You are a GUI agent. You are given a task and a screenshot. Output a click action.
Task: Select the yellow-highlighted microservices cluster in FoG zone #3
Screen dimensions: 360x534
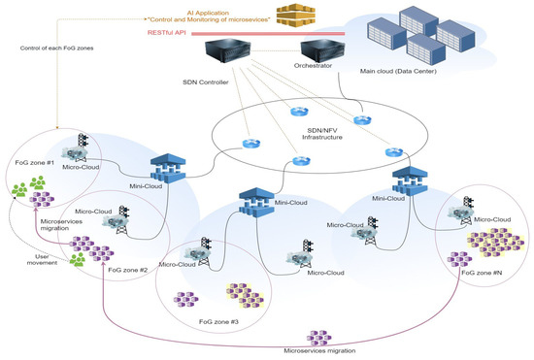click(x=240, y=292)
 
